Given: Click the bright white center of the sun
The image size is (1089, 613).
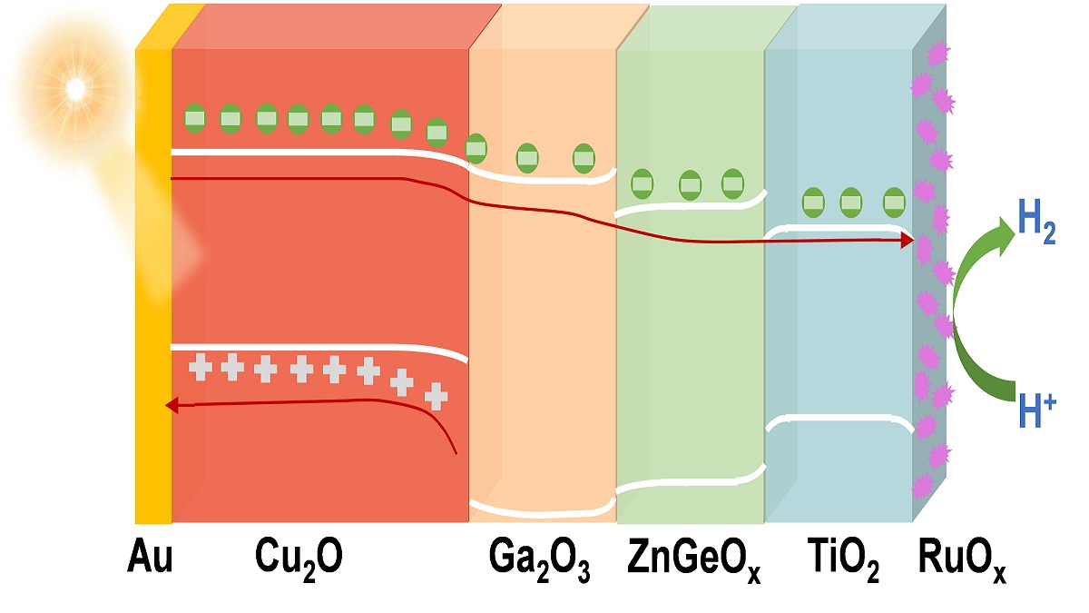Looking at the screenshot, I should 75,89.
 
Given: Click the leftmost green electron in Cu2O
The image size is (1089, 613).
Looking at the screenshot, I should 196,117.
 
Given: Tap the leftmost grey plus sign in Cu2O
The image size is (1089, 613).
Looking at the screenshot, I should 201,367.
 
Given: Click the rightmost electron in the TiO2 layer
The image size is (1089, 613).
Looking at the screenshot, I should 894,202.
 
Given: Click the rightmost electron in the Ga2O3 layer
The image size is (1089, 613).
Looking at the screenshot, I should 584,159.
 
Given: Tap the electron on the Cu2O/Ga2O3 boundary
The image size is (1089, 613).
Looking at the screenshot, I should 476,147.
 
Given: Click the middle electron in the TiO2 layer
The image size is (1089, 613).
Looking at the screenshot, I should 850,202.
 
